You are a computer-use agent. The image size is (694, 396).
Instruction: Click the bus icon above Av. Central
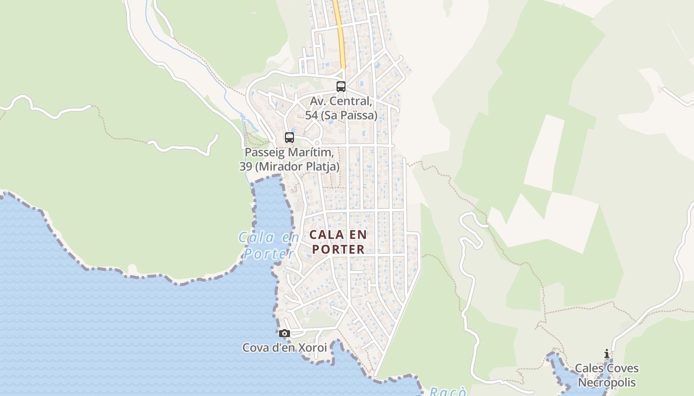341,87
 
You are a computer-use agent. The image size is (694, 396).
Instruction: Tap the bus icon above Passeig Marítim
289,138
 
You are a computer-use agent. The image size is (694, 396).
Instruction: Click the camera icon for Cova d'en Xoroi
284,334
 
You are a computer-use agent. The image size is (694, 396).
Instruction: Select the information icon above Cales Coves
606,354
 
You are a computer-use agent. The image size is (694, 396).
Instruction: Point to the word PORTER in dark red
339,249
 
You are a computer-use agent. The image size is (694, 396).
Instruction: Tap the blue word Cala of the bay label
257,238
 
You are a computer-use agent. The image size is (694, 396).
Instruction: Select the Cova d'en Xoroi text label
285,348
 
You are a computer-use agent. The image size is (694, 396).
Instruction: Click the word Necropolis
607,383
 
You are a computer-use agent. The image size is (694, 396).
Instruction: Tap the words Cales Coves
607,369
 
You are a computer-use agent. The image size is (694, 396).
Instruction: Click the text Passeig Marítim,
289,152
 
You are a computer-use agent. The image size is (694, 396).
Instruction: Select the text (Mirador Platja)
297,166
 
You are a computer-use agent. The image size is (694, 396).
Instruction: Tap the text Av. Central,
341,101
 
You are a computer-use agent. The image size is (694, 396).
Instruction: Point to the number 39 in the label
245,166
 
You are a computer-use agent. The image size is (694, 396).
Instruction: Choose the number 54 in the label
311,115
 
